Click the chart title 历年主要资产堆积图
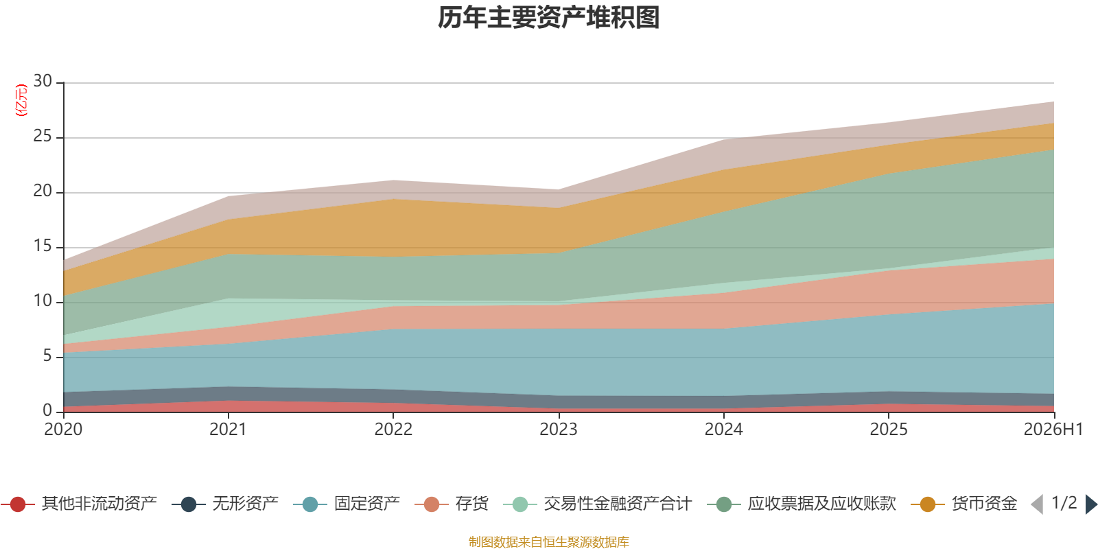pos(548,18)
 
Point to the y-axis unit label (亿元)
pos(21,100)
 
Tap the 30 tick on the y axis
pos(43,81)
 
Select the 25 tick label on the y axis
pos(43,136)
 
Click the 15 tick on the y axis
pos(43,246)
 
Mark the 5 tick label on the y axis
pos(47,355)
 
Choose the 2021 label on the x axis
pos(228,430)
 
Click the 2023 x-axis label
pos(559,430)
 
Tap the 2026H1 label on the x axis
pos(1053,430)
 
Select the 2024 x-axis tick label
pos(723,430)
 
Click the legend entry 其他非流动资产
pos(79,504)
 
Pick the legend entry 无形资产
pos(225,504)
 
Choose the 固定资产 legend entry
pos(347,504)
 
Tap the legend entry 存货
pos(452,504)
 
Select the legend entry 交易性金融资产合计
pos(598,504)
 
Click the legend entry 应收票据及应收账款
pos(802,504)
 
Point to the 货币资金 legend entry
pos(964,504)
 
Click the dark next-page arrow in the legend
pos(1091,504)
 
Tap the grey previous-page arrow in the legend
pos(1037,504)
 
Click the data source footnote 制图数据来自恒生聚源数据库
pos(548,541)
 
